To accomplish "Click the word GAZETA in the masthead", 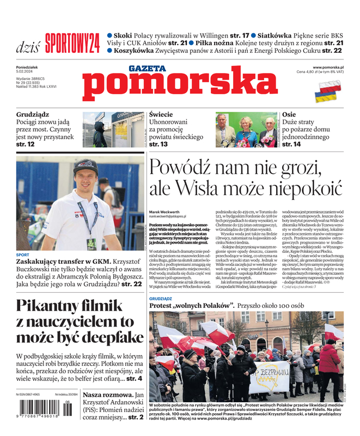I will coord(147,69).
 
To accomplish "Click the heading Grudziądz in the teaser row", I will coord(33,115).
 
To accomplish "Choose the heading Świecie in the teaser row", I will coord(161,115).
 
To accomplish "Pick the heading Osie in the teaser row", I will coord(289,115).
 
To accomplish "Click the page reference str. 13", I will coord(158,144).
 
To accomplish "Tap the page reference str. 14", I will coord(291,144).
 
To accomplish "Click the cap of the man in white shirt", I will coord(86,166).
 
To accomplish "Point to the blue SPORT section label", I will coord(23,255).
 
